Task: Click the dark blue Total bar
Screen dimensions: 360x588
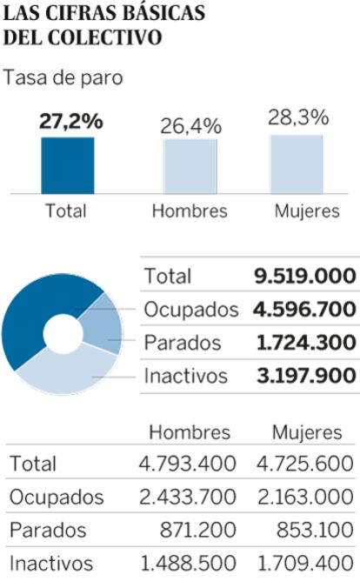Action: [x=68, y=166]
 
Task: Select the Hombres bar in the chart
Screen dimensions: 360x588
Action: [x=190, y=166]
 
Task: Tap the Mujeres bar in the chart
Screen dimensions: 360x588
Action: [x=297, y=164]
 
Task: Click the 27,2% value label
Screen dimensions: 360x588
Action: [x=71, y=121]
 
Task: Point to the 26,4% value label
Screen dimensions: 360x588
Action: [x=191, y=126]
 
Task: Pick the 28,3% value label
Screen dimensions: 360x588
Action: [x=298, y=117]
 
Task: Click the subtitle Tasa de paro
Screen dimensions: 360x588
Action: [x=63, y=77]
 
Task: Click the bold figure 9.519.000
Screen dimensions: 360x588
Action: [x=305, y=276]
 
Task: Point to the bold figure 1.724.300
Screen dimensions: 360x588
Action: [x=306, y=343]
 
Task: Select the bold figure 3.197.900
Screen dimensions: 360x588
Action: [x=306, y=376]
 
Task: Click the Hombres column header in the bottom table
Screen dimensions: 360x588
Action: [x=190, y=432]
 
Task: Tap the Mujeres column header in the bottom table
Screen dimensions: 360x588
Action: [x=307, y=432]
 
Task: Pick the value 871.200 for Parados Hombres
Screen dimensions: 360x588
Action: [x=198, y=530]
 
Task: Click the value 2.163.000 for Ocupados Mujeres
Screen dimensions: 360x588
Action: [x=305, y=497]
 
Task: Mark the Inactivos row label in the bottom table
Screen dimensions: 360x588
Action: [x=51, y=564]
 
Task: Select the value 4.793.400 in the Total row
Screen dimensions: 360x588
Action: [x=188, y=464]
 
